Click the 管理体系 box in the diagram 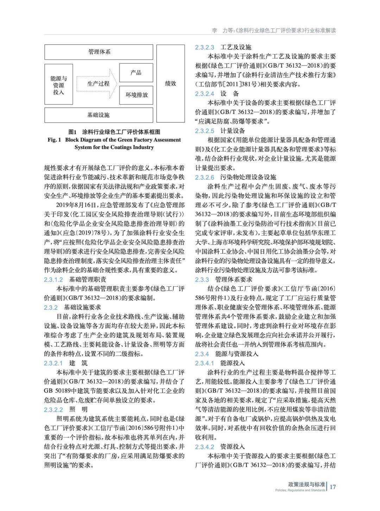coord(99,52)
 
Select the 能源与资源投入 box coord(58,84)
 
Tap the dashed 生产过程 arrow coord(97,84)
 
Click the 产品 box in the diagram coord(136,73)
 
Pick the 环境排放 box coord(136,95)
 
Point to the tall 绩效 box coord(170,83)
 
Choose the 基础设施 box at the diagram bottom coord(99,115)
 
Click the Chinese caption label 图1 coord(72,132)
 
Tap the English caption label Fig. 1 coord(54,140)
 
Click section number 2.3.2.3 coord(204,47)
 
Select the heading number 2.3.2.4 coord(204,93)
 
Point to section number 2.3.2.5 coord(204,131)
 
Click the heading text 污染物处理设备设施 coord(248,177)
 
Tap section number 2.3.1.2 coord(53,279)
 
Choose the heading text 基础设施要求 coord(82,307)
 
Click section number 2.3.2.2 coord(53,409)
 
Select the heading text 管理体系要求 coord(234,279)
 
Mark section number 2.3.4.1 coord(204,363)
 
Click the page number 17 coord(332,487)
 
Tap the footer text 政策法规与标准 coord(306,484)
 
